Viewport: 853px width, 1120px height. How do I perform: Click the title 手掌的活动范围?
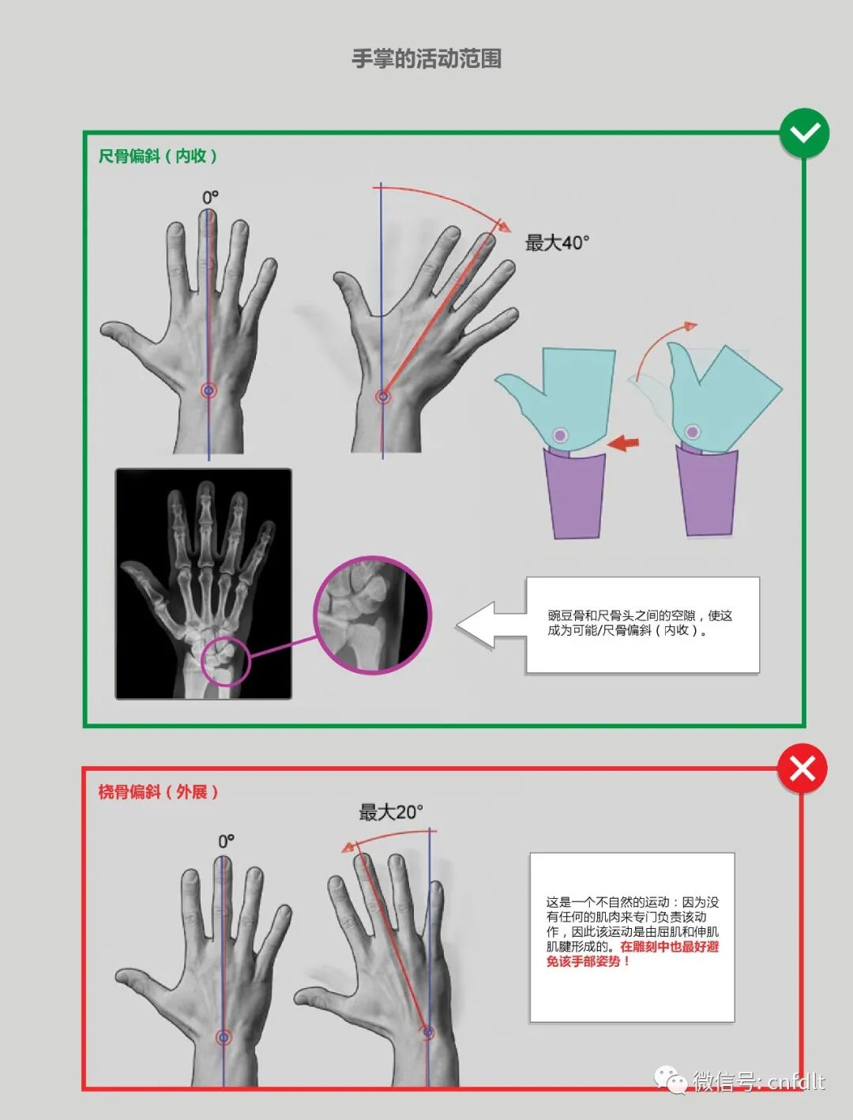(x=426, y=58)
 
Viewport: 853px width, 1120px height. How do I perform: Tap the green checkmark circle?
(x=804, y=133)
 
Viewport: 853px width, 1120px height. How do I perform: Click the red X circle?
(x=802, y=769)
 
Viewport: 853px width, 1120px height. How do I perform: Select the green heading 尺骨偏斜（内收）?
(x=158, y=156)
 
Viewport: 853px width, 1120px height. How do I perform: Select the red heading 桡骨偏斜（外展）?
(x=158, y=792)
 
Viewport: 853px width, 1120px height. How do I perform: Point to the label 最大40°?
(x=557, y=243)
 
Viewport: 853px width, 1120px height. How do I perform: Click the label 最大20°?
(x=391, y=812)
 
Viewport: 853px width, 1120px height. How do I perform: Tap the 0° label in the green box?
(x=210, y=197)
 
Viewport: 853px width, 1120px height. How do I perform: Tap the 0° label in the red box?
(x=227, y=841)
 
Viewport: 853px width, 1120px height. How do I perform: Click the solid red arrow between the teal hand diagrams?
(x=623, y=442)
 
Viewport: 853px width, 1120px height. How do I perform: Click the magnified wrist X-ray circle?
(x=373, y=615)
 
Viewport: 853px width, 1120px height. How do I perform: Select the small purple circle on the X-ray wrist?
(x=226, y=661)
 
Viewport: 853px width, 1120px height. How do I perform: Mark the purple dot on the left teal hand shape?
(x=560, y=435)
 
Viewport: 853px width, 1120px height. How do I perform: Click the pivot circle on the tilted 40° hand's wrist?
(x=382, y=396)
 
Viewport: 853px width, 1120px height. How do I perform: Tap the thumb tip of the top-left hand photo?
(x=105, y=330)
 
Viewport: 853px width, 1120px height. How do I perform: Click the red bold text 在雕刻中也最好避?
(x=669, y=946)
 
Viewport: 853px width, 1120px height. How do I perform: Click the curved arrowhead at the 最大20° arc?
(x=348, y=848)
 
